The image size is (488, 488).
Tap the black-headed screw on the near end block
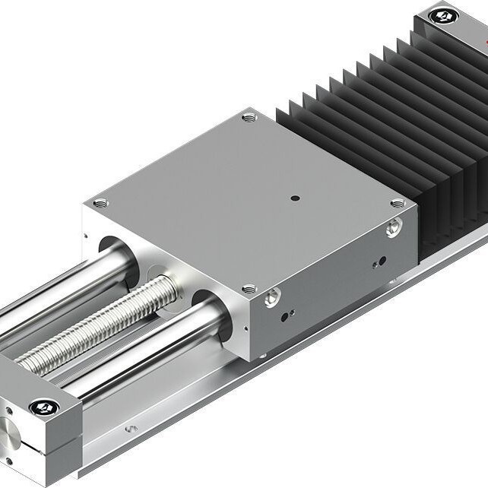[x=44, y=408]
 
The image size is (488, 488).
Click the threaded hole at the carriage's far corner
[x=249, y=118]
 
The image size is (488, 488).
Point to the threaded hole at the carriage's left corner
[x=100, y=203]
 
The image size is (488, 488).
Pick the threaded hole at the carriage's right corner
[x=396, y=203]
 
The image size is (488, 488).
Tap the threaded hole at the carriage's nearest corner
[x=248, y=289]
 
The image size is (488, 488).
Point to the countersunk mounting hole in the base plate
[x=132, y=429]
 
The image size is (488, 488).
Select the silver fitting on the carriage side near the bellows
[x=393, y=227]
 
